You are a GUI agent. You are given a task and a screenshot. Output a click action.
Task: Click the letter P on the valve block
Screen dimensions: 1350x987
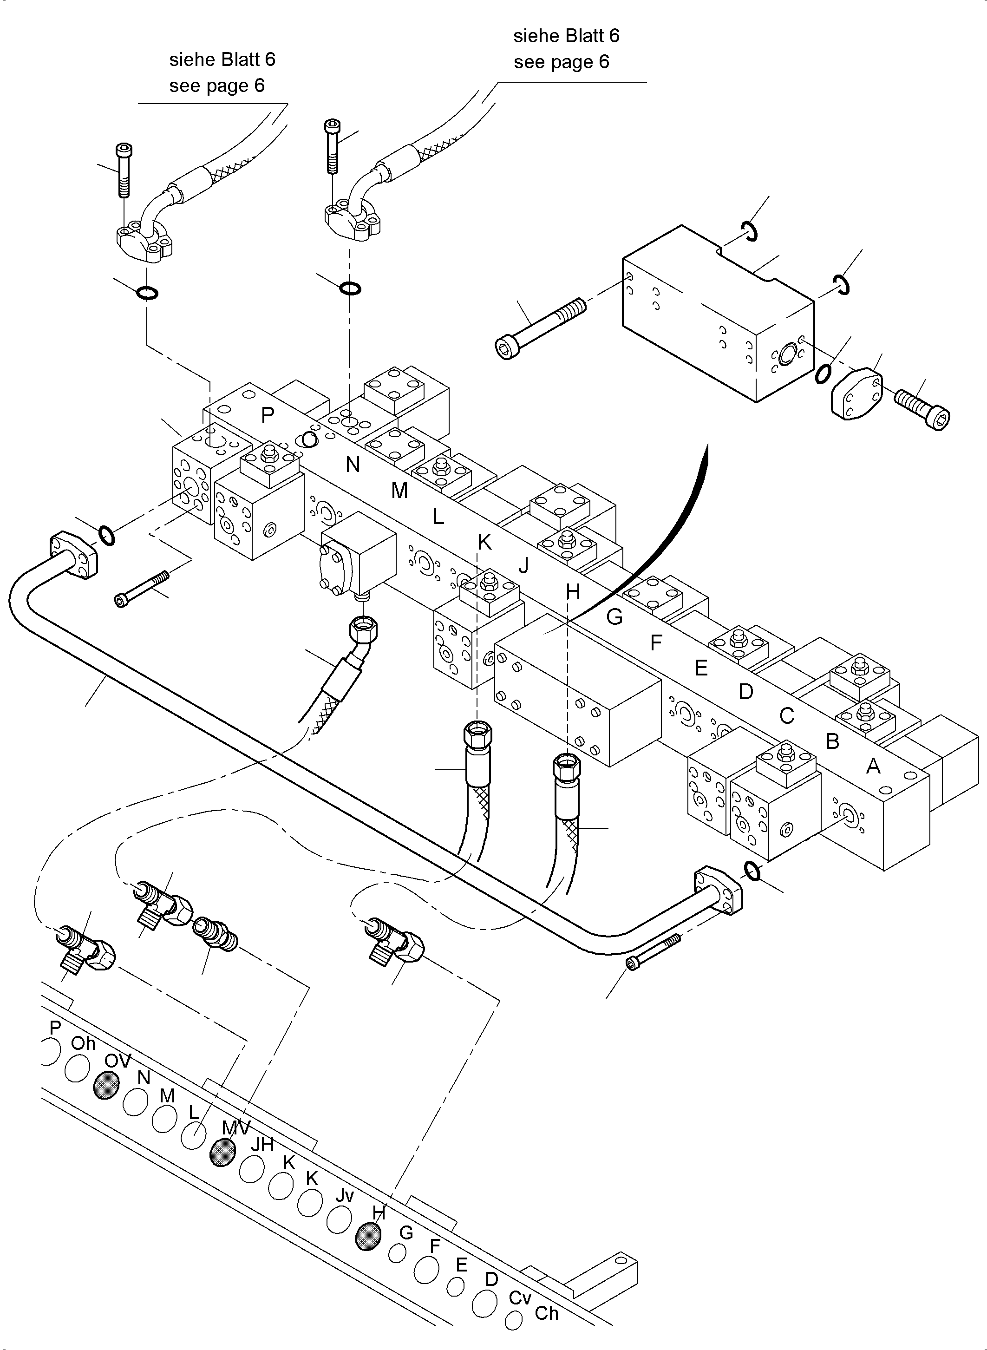(x=268, y=415)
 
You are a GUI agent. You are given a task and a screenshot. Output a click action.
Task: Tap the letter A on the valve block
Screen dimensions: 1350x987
(x=873, y=766)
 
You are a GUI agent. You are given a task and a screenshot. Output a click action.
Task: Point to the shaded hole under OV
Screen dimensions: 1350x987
(x=106, y=1085)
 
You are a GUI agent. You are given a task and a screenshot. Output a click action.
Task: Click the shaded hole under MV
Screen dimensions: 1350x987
(x=222, y=1152)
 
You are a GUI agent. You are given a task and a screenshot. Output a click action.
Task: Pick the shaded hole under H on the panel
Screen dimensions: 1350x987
(x=367, y=1236)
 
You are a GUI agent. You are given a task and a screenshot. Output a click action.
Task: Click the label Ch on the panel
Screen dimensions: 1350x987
(x=546, y=1314)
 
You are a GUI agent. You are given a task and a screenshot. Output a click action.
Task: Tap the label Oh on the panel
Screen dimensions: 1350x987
(x=83, y=1043)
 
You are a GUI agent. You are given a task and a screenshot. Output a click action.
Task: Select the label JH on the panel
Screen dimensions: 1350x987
(x=261, y=1144)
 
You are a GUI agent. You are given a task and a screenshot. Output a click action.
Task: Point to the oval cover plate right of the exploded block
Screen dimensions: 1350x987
(x=856, y=393)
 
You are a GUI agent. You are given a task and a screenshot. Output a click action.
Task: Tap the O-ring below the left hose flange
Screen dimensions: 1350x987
(x=147, y=293)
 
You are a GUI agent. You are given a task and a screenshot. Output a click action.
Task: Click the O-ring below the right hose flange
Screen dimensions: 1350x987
(x=350, y=288)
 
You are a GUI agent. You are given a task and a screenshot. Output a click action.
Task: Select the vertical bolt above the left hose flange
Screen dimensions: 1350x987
(x=124, y=170)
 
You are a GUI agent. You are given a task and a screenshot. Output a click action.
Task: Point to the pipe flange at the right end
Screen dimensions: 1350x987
(x=719, y=894)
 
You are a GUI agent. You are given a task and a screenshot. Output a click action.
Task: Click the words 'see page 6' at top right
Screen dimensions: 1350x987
(x=561, y=62)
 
